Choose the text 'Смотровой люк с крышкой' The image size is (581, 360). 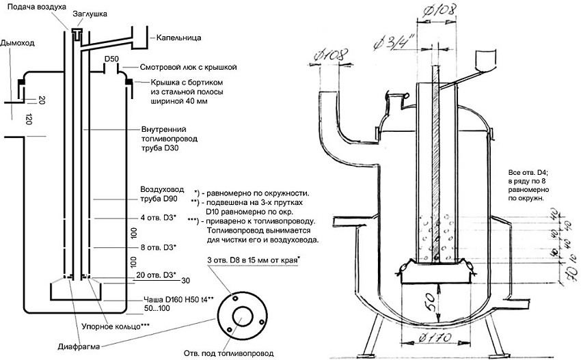[188, 68]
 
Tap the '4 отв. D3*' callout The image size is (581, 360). [157, 219]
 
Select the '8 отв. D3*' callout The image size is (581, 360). [157, 247]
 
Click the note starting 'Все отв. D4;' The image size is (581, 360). [526, 167]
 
